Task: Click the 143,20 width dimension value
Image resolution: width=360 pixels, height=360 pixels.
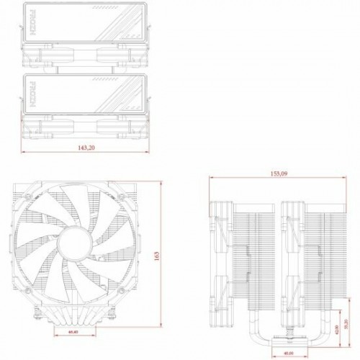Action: click(86, 148)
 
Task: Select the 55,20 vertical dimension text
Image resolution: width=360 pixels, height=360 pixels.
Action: click(348, 325)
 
